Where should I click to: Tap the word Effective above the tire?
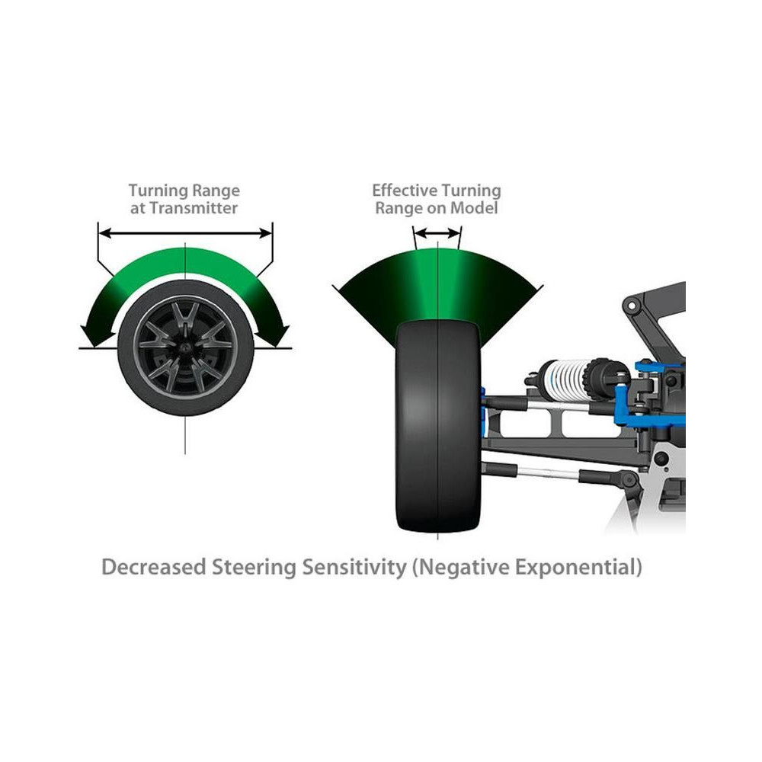point(405,190)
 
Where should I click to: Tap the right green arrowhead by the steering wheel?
point(277,332)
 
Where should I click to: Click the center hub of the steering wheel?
point(184,346)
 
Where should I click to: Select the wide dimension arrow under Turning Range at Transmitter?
point(184,232)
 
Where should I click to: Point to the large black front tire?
point(437,427)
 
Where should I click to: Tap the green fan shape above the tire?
point(437,286)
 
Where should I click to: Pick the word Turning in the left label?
point(156,190)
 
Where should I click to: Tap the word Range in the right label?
point(400,207)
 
